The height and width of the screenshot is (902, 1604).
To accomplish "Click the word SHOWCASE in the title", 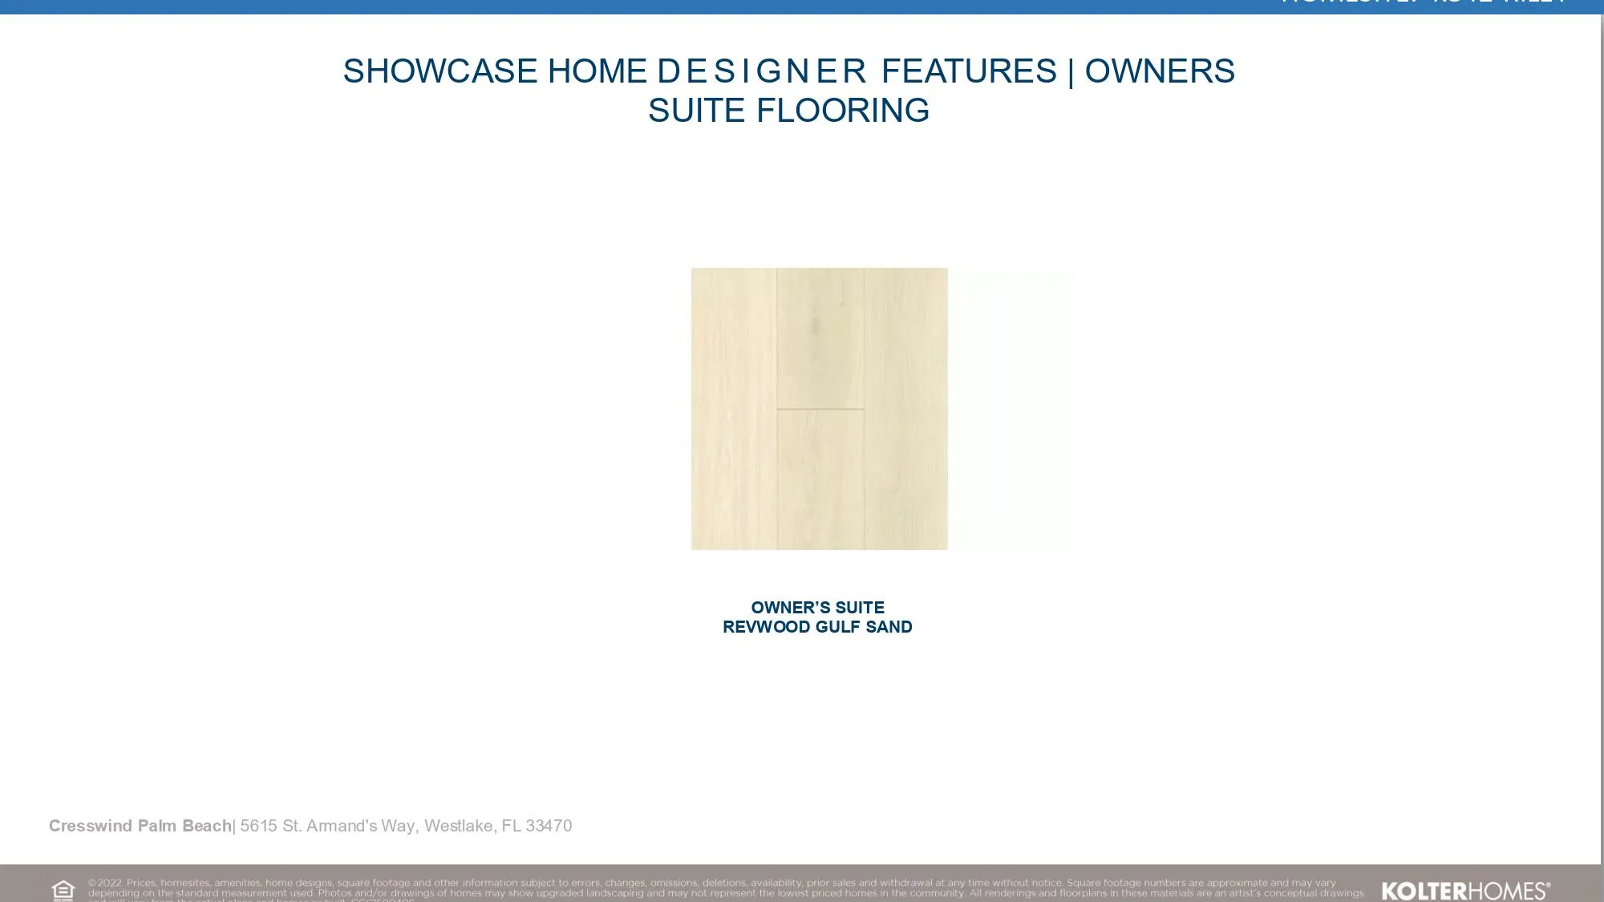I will coord(439,71).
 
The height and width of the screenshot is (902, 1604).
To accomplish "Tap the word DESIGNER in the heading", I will coord(761,71).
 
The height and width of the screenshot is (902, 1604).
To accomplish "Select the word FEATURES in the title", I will coord(969,71).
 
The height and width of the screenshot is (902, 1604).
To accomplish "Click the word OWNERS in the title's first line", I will coord(1160,71).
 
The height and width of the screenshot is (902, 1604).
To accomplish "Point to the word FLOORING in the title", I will coord(843,111).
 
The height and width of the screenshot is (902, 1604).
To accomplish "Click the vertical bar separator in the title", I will coord(1071,72).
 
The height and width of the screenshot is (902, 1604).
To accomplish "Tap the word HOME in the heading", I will coord(597,71).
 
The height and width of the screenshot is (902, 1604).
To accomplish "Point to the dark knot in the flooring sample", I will coord(816,326).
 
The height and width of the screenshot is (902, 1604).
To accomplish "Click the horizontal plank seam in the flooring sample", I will coord(820,409).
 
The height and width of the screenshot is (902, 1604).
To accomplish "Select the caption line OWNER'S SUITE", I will coord(817,608).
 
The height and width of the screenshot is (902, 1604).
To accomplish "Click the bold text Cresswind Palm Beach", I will coord(140,826).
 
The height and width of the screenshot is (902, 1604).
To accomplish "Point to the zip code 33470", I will coord(549,826).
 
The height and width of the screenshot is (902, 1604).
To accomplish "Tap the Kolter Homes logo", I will coord(1465,891).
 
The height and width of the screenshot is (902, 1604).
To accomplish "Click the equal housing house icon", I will coord(63,890).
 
